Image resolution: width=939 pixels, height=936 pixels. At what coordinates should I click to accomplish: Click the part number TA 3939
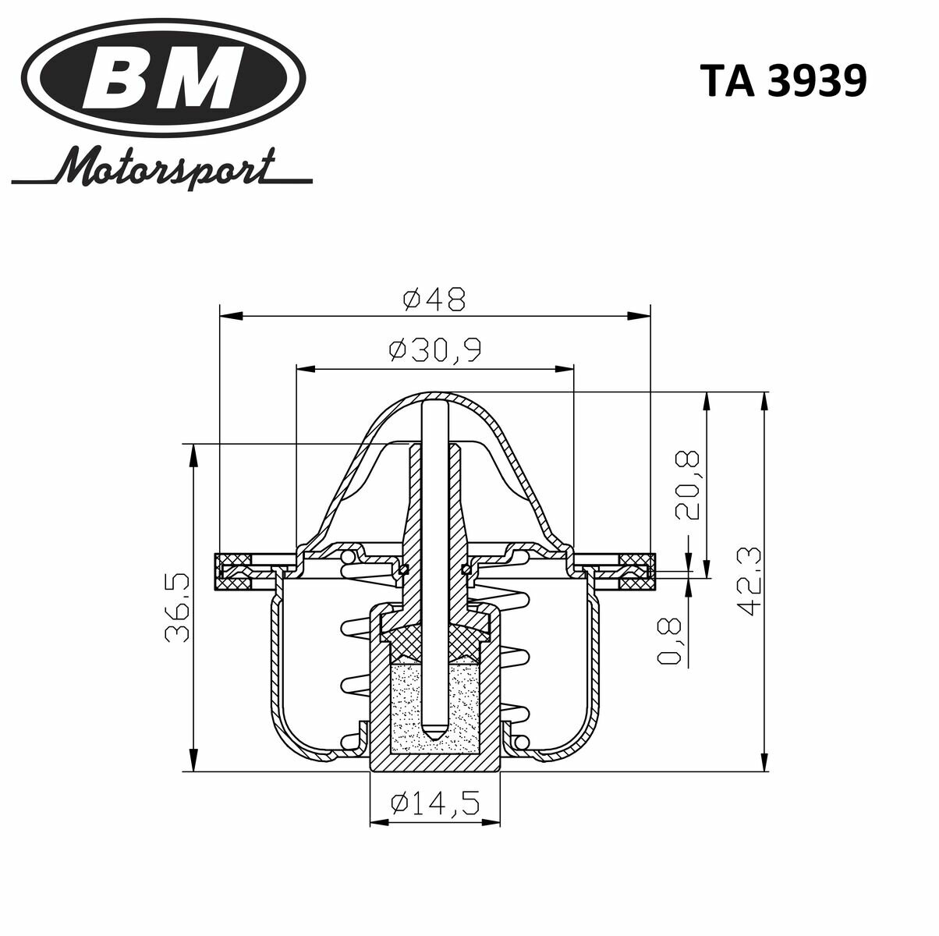coord(782,81)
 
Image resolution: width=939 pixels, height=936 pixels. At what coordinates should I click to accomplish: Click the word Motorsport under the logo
coord(168,165)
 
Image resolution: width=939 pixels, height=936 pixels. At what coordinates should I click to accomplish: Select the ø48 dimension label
coord(434,299)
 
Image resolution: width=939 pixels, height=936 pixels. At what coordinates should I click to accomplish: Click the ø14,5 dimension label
coord(434,803)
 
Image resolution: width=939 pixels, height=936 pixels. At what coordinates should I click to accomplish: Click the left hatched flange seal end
coord(232,570)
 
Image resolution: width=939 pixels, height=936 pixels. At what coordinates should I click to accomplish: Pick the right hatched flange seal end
coord(636,570)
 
